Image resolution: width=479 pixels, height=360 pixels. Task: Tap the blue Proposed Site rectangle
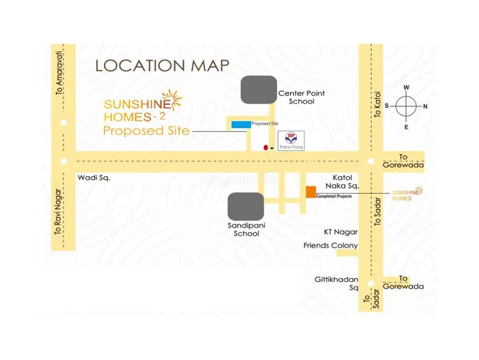[x=240, y=124]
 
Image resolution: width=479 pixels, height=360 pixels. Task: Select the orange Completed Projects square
[x=311, y=191]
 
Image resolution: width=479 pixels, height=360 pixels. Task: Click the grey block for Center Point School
[x=259, y=90]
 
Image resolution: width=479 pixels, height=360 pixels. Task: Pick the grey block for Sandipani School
[x=246, y=207]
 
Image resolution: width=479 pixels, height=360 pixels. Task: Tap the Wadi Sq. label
[x=94, y=178]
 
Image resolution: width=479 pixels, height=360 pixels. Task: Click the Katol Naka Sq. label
[x=341, y=181]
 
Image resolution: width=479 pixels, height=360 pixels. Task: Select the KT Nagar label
[x=341, y=231]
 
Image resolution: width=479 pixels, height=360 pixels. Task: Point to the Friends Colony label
[x=331, y=246]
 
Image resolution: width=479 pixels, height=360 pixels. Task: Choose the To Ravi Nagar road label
[x=57, y=218]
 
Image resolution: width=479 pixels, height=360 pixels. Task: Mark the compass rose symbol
[x=406, y=106]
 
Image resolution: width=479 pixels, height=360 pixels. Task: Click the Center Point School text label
[x=301, y=97]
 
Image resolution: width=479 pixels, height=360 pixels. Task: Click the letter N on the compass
[x=425, y=106]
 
